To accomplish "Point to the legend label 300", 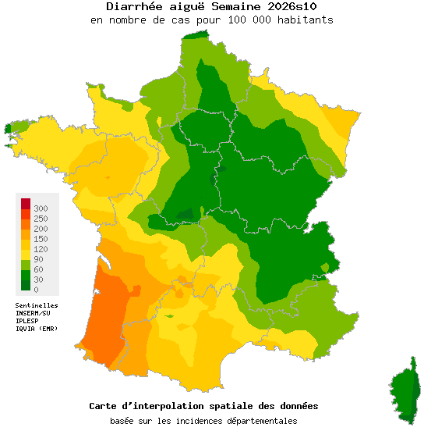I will (x=41, y=208).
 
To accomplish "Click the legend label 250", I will (x=41, y=219).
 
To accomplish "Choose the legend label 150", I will (x=41, y=239).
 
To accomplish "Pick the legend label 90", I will (x=38, y=259).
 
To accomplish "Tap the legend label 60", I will (x=38, y=269).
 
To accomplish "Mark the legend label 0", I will (x=36, y=290).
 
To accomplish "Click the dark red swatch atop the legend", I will (x=26, y=204).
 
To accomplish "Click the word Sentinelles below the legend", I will (x=37, y=305).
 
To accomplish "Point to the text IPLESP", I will (x=27, y=321).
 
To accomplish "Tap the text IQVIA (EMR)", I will (x=37, y=329).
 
